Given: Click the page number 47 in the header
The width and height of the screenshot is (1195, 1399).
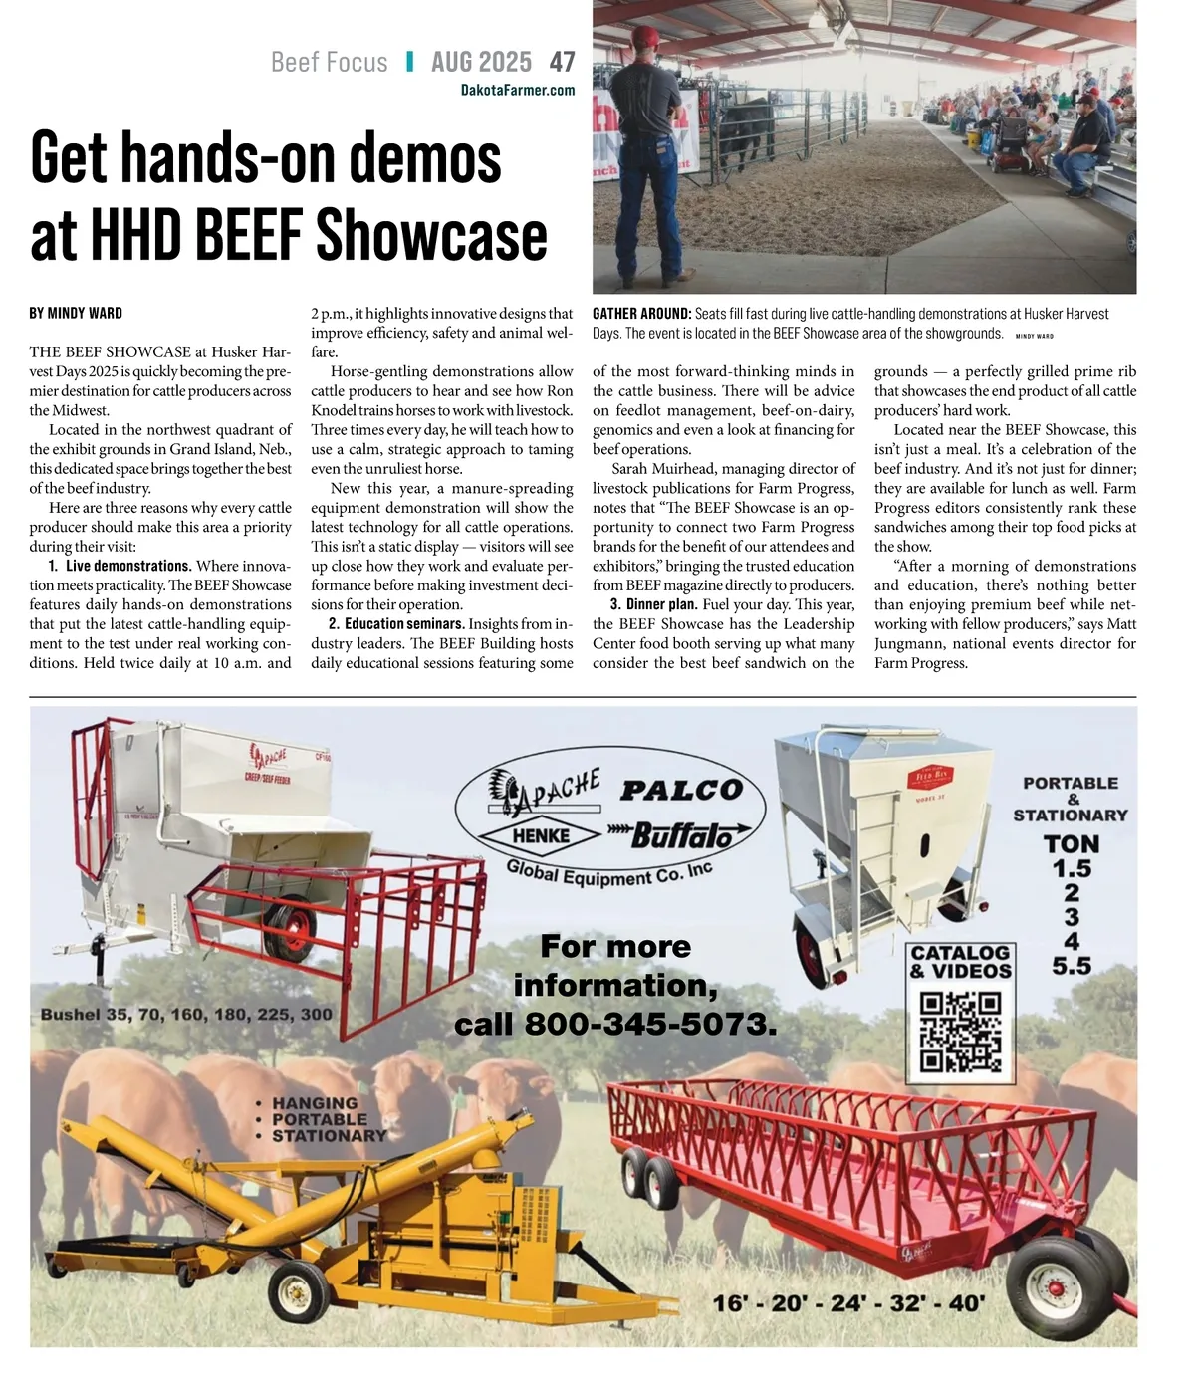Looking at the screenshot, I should [562, 62].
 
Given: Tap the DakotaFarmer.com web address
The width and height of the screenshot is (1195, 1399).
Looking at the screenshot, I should [518, 91].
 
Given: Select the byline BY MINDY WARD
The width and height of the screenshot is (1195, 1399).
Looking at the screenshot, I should [76, 313].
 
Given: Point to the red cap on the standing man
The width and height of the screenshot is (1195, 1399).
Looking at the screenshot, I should [647, 36].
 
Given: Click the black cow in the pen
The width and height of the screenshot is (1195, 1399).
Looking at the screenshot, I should [747, 128].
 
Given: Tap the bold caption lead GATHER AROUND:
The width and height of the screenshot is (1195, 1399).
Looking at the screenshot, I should [641, 314].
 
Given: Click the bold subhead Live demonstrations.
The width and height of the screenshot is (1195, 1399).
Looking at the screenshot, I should [128, 566].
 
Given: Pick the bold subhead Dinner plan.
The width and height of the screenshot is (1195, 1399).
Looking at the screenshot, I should [660, 604].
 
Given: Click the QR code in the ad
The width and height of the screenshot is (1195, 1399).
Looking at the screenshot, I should [960, 1032].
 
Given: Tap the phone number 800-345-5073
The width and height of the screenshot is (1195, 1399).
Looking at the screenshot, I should [649, 1024].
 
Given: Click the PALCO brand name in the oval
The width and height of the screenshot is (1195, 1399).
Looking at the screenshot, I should [682, 790].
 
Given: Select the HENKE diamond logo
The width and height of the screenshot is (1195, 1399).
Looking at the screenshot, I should [541, 836].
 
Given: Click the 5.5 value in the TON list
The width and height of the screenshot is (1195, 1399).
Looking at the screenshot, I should [1072, 965].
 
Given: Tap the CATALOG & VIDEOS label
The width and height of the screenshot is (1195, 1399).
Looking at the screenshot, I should [960, 962].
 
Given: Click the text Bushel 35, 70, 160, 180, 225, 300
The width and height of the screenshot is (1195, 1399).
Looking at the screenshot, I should [186, 1015].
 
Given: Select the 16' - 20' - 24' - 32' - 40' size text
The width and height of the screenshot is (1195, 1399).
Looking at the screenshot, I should [848, 1302].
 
